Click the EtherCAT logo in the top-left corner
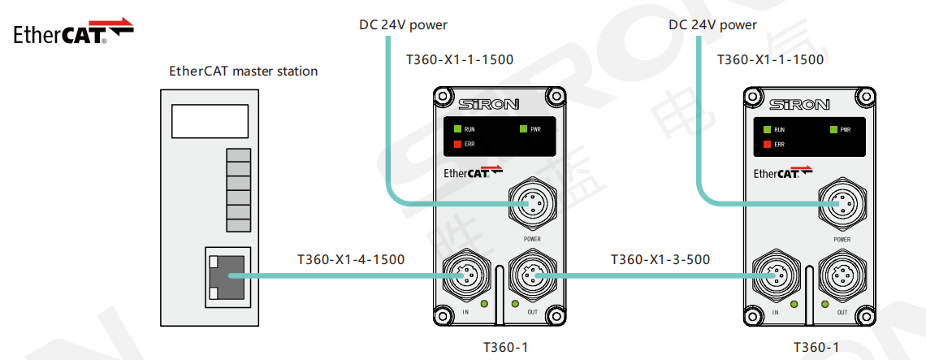click(73, 32)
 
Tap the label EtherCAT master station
click(243, 71)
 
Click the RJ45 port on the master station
click(228, 277)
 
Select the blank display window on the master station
click(210, 122)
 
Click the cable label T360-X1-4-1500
click(351, 260)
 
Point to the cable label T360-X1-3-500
click(660, 260)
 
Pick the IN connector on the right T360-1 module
click(774, 277)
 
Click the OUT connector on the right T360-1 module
click(842, 277)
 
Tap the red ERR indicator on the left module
click(457, 144)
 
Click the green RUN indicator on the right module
click(767, 129)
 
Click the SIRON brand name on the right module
click(798, 104)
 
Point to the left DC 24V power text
click(404, 24)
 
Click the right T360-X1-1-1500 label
click(770, 59)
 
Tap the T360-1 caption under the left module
click(505, 348)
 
